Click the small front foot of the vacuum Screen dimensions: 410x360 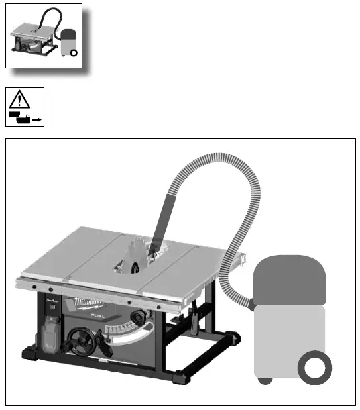264,380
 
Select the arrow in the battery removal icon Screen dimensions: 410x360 37,119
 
